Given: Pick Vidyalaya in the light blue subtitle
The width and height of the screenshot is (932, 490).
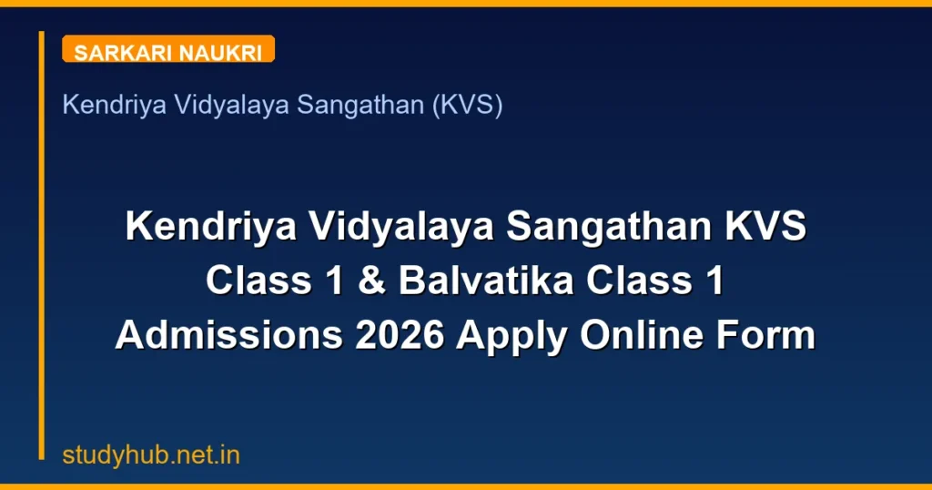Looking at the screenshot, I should [215, 106].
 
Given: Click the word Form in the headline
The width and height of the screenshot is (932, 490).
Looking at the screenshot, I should [770, 336].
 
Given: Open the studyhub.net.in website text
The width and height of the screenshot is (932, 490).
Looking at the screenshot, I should [151, 456].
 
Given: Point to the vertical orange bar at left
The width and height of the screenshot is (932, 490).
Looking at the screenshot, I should [42, 246].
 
